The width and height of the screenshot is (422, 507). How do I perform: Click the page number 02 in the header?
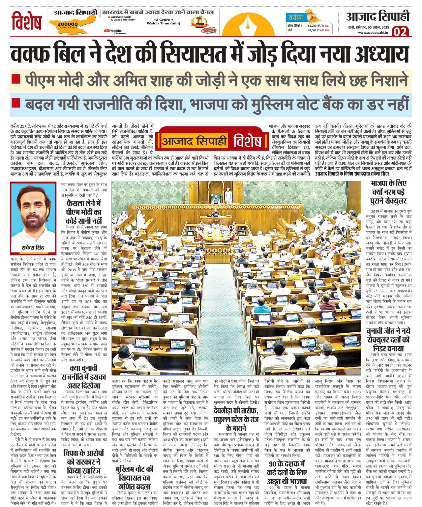(400, 32)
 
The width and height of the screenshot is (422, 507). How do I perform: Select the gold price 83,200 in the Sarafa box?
(313, 25)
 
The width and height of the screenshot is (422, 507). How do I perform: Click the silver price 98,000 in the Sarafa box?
(313, 30)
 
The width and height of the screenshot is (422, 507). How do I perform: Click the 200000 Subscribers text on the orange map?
(67, 25)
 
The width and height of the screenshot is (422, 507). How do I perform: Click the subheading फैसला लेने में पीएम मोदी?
(84, 212)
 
